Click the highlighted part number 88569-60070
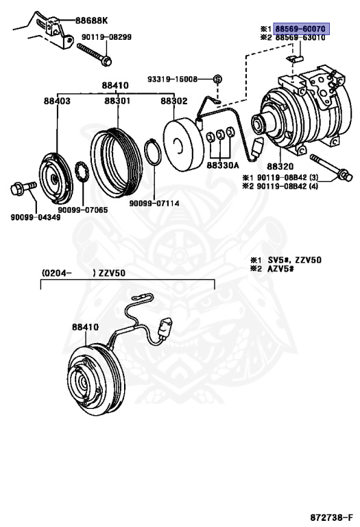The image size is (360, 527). point(300,29)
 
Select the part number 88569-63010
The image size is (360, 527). point(300,37)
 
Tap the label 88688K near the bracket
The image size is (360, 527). point(91,21)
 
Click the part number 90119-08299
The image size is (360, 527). point(106,37)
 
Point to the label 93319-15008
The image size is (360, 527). point(172,80)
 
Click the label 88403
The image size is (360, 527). point(57,101)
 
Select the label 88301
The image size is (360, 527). point(117,101)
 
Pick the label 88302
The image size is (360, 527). point(174,101)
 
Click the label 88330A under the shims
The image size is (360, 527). point(223,165)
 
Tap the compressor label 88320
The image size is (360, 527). point(280,166)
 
